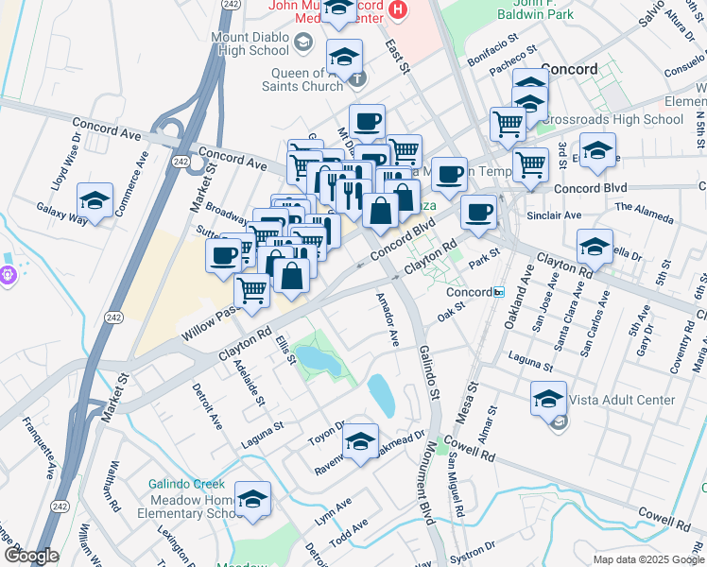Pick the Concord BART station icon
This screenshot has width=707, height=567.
pyautogui.click(x=497, y=292)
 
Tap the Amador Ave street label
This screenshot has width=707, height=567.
pyautogui.click(x=388, y=320)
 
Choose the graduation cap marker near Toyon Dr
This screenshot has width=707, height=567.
pyautogui.click(x=360, y=441)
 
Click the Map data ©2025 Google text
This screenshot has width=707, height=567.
pyautogui.click(x=647, y=559)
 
